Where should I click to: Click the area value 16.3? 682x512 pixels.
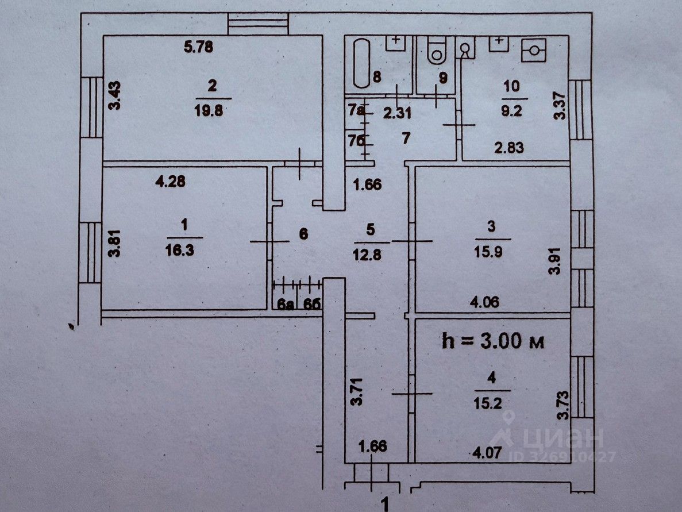pos(184,251)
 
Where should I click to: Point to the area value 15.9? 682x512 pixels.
pos(491,251)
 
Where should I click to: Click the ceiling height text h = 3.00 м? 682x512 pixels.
pos(493,341)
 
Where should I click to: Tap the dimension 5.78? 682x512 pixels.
pos(198,48)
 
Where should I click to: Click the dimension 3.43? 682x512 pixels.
pos(116,96)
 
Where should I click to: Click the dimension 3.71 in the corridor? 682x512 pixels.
pos(357,394)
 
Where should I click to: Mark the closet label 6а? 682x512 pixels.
pos(283,305)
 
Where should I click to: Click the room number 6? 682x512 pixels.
pos(304,234)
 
